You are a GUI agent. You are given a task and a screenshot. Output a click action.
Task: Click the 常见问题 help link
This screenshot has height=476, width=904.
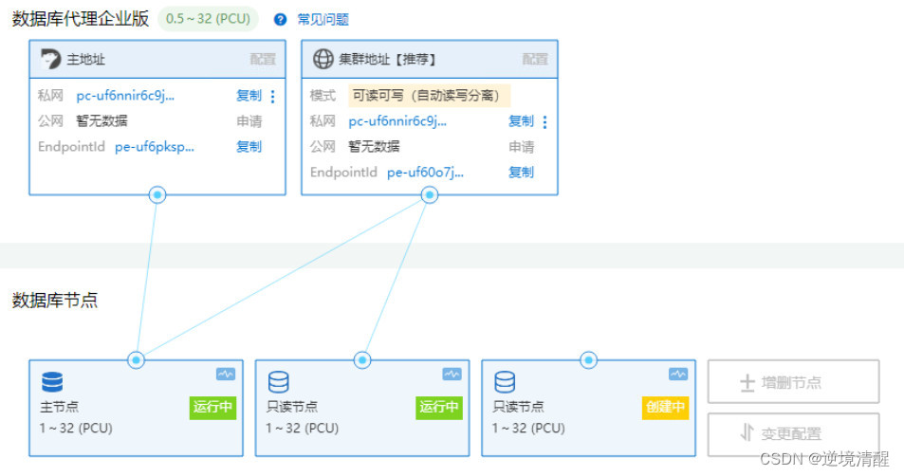pos(323,19)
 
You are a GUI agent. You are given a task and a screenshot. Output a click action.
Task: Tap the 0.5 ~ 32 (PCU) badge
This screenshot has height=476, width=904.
pos(208,19)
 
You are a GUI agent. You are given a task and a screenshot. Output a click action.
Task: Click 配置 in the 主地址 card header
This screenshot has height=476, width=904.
pos(263,59)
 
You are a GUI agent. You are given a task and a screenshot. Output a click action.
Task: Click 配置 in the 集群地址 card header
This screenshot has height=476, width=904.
pos(535,59)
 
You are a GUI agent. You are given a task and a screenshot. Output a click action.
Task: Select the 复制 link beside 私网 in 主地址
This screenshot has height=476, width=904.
pos(249,96)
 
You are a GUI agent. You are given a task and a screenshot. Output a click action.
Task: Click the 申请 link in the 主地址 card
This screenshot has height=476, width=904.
pos(249,121)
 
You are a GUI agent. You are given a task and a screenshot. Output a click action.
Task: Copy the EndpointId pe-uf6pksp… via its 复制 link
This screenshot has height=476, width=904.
pos(249,147)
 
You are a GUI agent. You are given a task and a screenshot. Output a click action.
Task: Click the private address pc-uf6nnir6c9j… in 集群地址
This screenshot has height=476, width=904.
pos(397,121)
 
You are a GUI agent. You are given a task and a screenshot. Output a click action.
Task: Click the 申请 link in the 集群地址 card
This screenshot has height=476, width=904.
pos(522,147)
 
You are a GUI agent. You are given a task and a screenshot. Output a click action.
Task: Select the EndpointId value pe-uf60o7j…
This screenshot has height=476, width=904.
pos(426,173)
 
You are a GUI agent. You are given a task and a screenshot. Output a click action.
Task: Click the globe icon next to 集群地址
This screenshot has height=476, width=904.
pos(323,59)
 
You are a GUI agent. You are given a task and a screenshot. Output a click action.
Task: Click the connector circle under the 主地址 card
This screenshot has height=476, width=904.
pos(157,195)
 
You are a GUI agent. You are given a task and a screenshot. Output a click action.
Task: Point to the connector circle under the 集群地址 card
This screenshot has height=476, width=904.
pos(430,195)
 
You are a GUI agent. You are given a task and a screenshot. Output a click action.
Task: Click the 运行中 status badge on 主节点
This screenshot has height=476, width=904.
pos(213,408)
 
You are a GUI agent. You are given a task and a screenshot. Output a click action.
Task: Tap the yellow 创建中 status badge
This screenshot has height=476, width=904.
pos(665,408)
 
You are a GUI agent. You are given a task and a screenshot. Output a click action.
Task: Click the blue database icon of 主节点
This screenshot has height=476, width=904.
pos(52,382)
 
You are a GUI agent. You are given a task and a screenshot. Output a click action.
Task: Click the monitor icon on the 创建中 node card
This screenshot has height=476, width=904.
pos(677,375)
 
